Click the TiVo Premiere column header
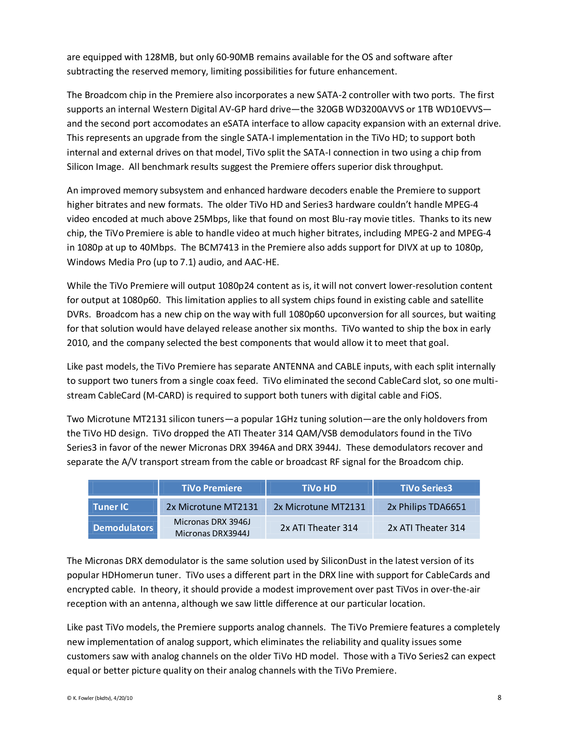point(212,488)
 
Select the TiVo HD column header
point(319,488)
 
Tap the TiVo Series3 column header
point(426,488)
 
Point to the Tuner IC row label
point(110,506)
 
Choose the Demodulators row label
point(123,527)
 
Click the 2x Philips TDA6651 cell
point(426,506)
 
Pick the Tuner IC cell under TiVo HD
point(319,506)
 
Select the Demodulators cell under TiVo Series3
point(426,527)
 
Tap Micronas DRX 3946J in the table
point(212,522)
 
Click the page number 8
point(499,697)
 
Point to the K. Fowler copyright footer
point(99,698)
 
